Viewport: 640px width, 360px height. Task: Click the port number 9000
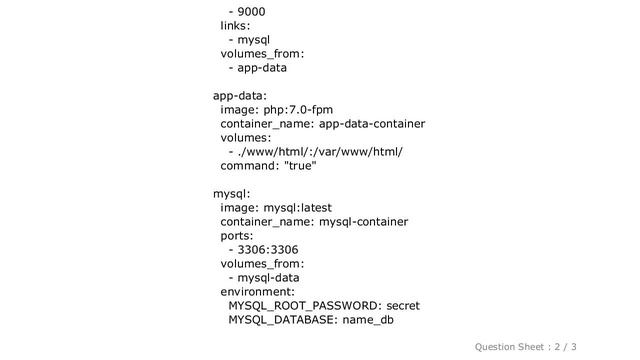252,12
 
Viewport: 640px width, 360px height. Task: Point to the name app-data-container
371,124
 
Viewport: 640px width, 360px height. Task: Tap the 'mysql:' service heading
230,194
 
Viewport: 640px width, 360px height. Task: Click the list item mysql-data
269,278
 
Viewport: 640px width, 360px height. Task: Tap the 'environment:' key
257,292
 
